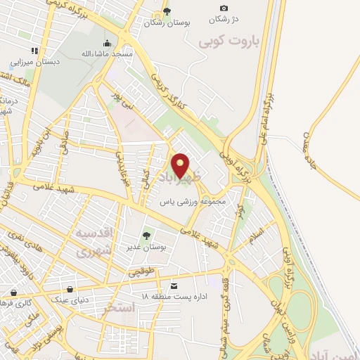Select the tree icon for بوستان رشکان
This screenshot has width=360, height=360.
tap(167, 11)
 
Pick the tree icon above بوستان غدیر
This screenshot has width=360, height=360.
tap(147, 235)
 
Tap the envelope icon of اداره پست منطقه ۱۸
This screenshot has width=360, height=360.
tap(174, 285)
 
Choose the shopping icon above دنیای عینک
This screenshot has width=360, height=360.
tap(69, 289)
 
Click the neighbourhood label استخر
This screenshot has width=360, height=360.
tap(119, 308)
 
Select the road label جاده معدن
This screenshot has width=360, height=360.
tap(310, 148)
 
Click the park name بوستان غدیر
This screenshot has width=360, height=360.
tap(148, 247)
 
